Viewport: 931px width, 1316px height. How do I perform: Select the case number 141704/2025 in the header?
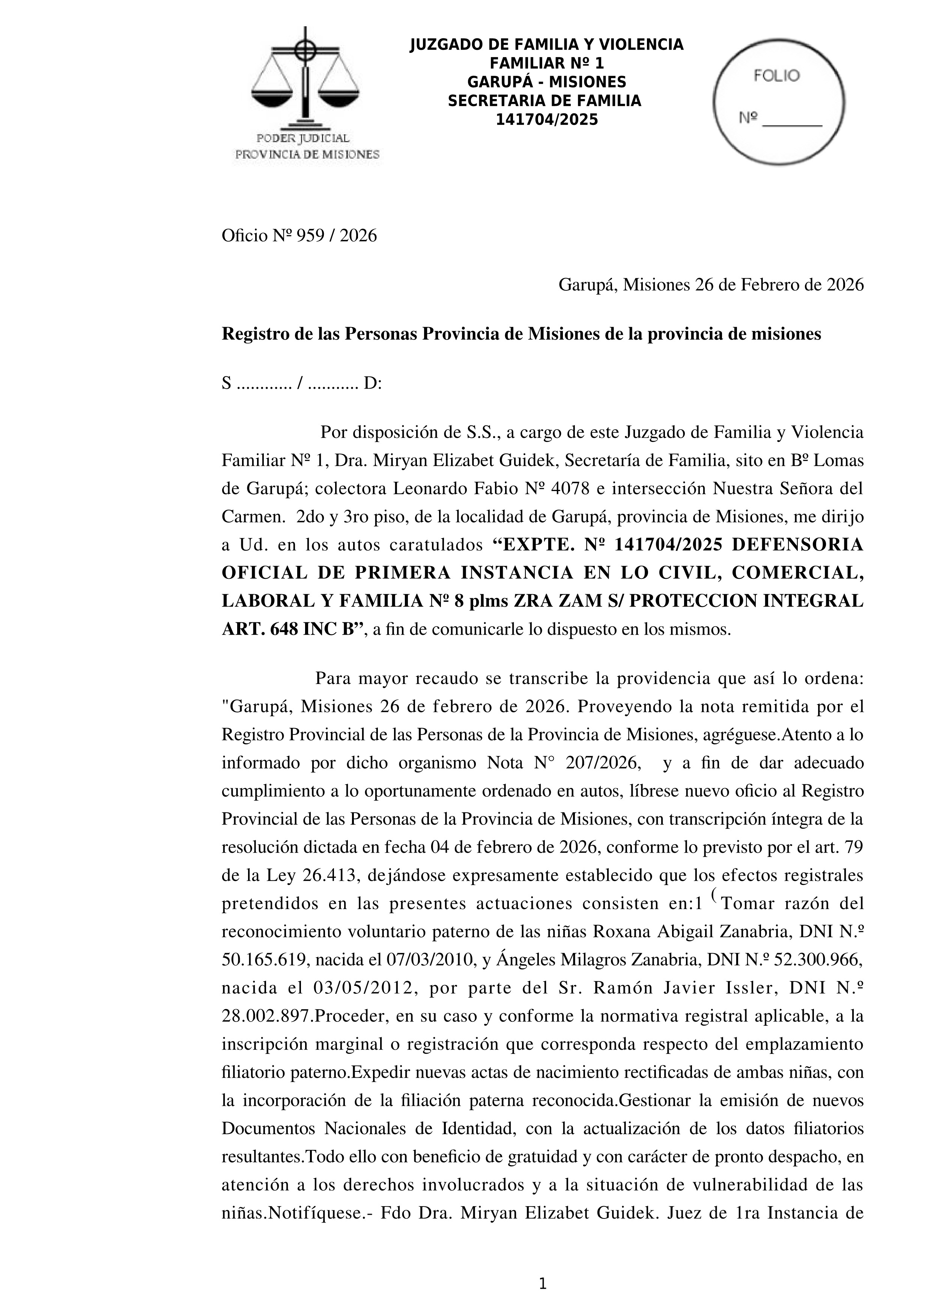[x=546, y=120]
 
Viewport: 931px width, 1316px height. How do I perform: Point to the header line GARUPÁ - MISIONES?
[x=546, y=82]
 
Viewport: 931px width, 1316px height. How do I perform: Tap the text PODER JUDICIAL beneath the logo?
[x=303, y=138]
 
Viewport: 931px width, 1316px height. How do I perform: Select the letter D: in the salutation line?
[x=373, y=383]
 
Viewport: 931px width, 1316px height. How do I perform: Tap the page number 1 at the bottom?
[x=543, y=1284]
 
